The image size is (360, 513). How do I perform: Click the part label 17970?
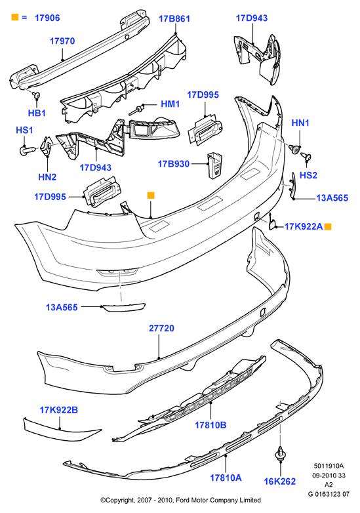pos(62,41)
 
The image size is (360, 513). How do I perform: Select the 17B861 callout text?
pos(174,19)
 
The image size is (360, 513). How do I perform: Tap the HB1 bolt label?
pos(37,113)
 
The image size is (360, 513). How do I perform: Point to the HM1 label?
pos(170,104)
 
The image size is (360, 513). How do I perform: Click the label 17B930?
pos(174,163)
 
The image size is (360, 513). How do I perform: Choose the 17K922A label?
pos(304,226)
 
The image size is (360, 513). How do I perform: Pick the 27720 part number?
pos(161,328)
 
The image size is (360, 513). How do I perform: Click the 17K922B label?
pos(59,410)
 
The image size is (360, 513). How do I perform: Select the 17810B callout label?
pos(210,425)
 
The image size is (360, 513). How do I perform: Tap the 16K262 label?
pos(280,482)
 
